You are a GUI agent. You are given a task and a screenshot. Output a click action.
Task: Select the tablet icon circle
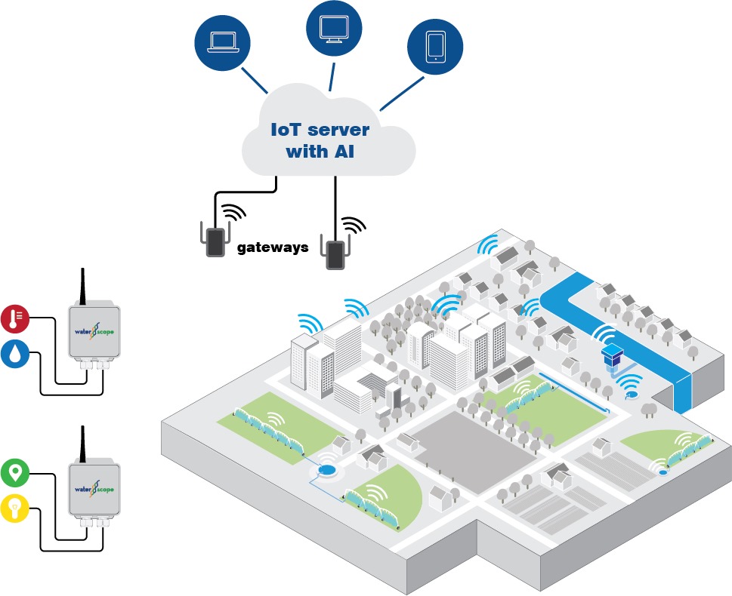[435, 46]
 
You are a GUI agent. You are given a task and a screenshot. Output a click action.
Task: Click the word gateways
[273, 247]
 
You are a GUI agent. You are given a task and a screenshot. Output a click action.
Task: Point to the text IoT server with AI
[320, 140]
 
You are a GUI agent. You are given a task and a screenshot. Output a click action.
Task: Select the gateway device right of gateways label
[335, 253]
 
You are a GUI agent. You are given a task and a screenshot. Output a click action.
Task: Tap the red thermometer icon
[15, 319]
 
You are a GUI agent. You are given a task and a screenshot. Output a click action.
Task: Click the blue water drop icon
[14, 354]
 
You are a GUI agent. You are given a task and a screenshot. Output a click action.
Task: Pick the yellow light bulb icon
[15, 508]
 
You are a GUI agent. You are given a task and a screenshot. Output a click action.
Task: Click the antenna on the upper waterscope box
[83, 285]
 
